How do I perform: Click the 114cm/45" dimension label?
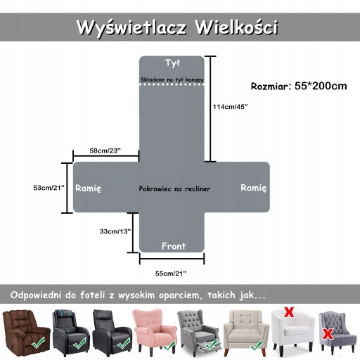(230, 107)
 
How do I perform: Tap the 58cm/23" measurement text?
(105, 150)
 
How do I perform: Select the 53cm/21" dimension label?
(49, 188)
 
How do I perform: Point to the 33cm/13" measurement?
(115, 231)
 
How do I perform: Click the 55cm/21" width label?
(171, 274)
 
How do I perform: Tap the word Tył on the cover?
(172, 63)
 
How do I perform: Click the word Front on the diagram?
(174, 246)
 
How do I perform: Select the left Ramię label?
(89, 188)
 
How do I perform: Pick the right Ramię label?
(254, 188)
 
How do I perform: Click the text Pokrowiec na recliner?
(174, 189)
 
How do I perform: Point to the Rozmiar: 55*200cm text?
(299, 86)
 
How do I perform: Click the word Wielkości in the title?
(237, 27)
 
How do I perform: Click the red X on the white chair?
(289, 312)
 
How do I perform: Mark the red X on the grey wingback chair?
(328, 334)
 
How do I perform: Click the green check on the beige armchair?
(255, 346)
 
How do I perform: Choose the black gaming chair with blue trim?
(71, 333)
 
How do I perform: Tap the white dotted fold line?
(172, 84)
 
